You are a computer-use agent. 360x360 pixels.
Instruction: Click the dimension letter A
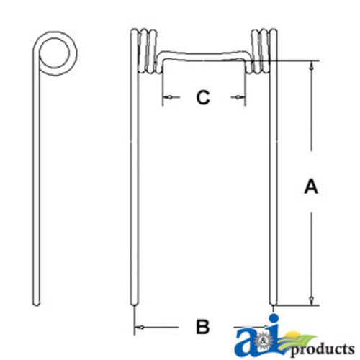[x=310, y=186]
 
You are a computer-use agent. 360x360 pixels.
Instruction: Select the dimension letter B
[x=202, y=327]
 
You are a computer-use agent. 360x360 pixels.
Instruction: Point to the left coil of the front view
[x=144, y=50]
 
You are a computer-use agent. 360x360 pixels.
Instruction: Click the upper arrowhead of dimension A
[x=310, y=66]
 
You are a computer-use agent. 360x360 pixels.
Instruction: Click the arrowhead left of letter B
[x=140, y=328]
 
